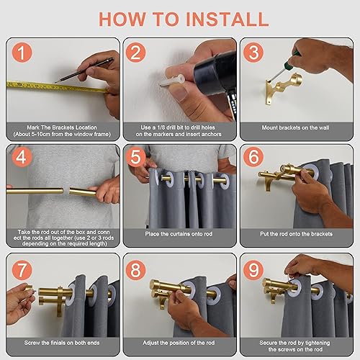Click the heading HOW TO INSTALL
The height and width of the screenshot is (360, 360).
coord(180,18)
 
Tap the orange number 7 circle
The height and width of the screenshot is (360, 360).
coord(22,269)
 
